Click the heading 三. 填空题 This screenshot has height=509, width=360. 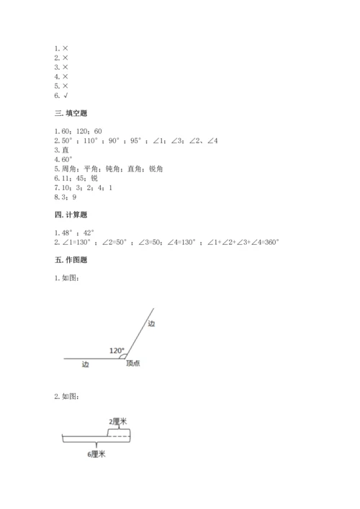point(73,113)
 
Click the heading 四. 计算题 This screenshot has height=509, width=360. point(73,215)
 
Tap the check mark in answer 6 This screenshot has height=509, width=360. point(66,95)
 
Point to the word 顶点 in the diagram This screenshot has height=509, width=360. point(132,364)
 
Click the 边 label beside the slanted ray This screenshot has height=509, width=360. point(151,324)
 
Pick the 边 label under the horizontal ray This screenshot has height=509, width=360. point(86,364)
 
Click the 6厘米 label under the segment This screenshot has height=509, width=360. point(96,454)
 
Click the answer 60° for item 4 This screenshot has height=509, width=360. point(68,159)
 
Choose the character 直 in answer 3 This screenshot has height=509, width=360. point(66,150)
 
